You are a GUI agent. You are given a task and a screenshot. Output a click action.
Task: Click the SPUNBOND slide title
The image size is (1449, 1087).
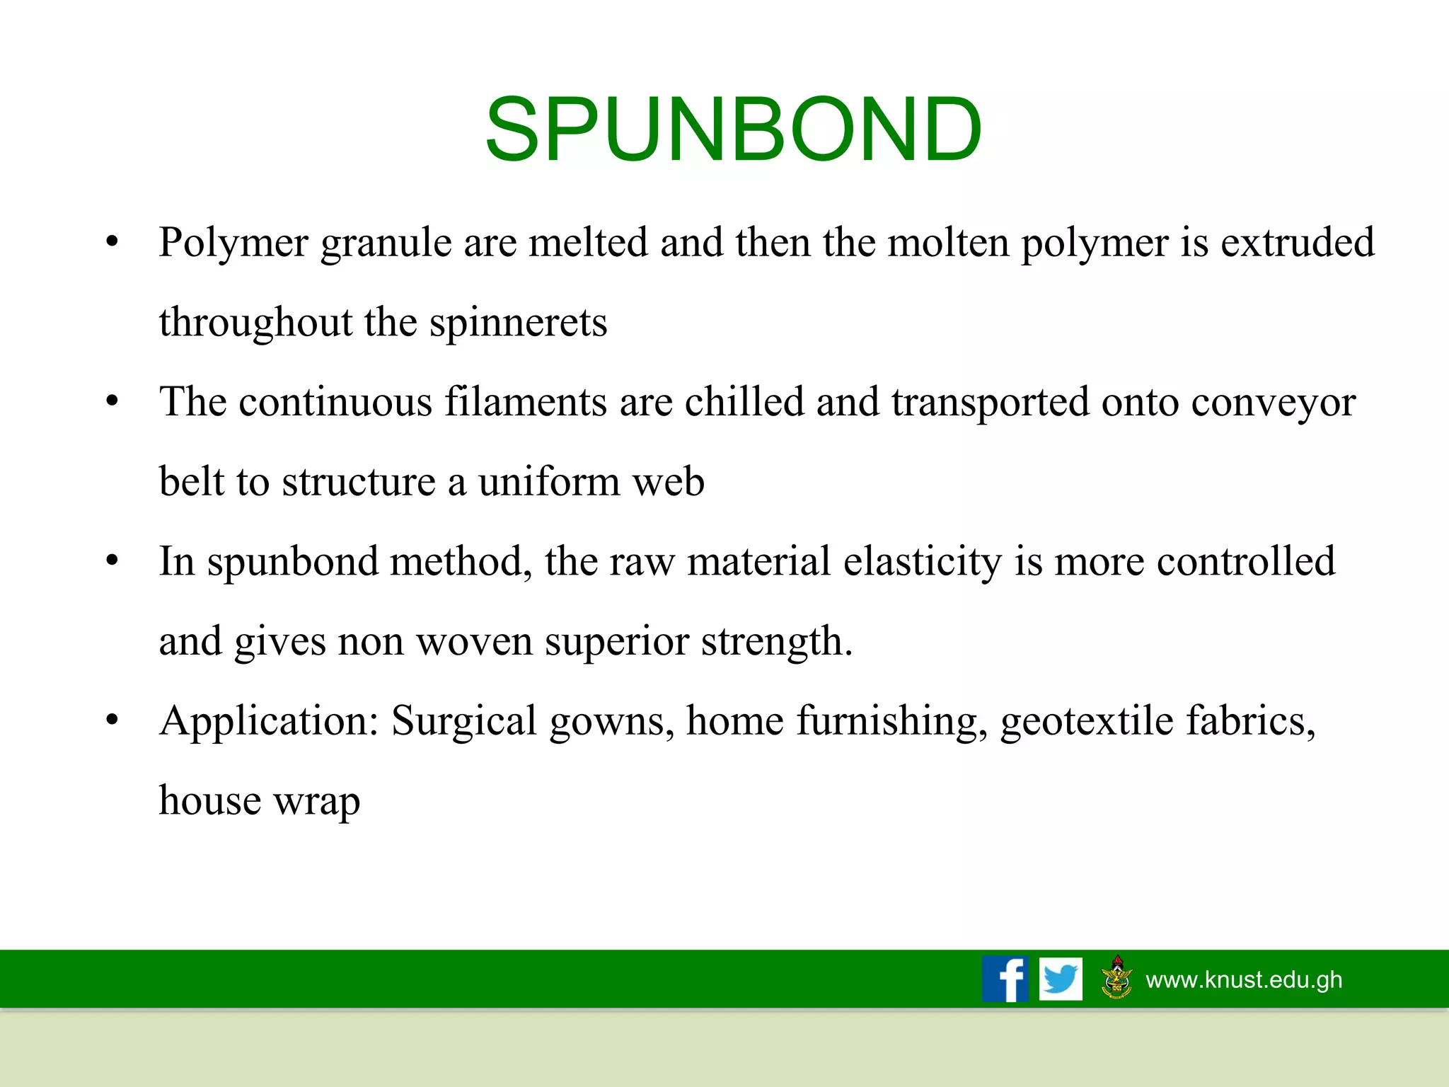click(x=733, y=130)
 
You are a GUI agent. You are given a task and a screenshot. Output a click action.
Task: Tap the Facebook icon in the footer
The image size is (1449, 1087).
click(x=1005, y=979)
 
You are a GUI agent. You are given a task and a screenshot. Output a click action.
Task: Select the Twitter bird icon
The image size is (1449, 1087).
click(x=1061, y=979)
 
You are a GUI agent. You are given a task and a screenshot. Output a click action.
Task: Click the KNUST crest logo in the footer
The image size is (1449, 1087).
click(x=1116, y=978)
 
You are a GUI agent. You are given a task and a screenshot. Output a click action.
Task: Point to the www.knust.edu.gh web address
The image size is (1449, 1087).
click(x=1244, y=979)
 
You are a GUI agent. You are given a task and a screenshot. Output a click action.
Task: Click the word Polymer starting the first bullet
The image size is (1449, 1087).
click(x=233, y=243)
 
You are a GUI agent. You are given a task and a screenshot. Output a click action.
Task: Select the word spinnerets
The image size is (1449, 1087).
click(x=518, y=323)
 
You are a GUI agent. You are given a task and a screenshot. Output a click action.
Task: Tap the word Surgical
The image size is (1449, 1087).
click(x=463, y=721)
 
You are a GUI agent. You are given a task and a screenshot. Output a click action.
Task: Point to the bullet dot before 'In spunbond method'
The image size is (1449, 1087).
click(x=112, y=561)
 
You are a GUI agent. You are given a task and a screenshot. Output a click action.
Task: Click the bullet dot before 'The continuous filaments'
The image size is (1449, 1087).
click(x=112, y=402)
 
